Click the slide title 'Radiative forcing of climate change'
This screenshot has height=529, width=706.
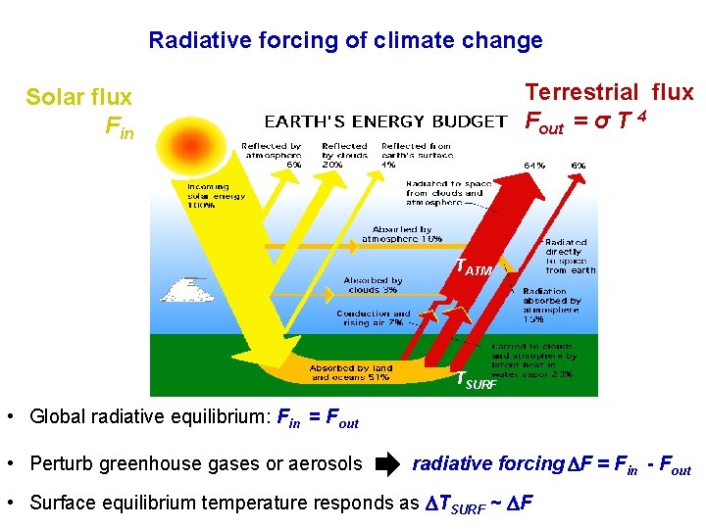point(345,41)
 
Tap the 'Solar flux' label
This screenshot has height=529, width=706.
point(78,97)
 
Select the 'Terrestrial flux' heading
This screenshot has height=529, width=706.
point(609,92)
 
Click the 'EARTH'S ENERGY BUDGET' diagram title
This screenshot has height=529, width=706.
point(385,122)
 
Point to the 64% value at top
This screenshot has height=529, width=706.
point(534,165)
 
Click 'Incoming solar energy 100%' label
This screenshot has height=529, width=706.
point(215,195)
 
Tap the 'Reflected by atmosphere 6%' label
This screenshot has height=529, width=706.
point(272,155)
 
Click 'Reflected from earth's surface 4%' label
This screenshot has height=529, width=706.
point(417,155)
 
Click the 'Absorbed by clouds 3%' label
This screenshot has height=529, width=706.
point(373,285)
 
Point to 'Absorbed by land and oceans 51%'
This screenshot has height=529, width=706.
point(351,372)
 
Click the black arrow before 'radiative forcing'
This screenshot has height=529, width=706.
point(387,464)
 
